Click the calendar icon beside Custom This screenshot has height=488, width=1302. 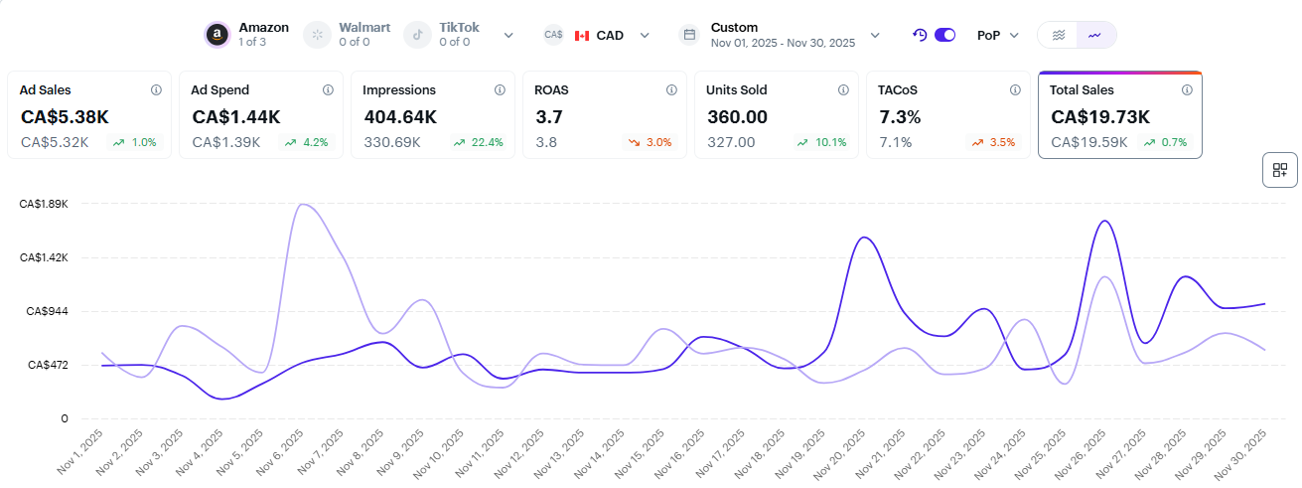point(688,35)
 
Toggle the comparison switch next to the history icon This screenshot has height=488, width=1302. point(944,35)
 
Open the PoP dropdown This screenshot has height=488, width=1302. point(997,35)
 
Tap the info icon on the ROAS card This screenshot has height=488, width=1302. point(671,89)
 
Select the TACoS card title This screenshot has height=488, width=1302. point(899,89)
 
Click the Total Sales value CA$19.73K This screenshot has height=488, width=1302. point(1099,117)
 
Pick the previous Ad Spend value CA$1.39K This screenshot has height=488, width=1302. point(225,142)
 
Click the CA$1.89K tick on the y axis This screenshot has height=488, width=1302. point(44,204)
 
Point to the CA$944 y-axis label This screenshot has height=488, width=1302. point(48,311)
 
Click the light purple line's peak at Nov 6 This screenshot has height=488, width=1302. point(303,205)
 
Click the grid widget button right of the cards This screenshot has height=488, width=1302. point(1279,170)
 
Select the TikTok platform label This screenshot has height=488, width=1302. point(459,28)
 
